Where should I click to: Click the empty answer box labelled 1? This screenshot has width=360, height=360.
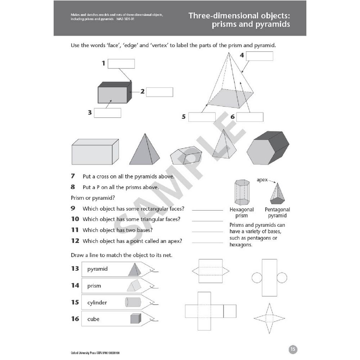pyautogui.click(x=121, y=64)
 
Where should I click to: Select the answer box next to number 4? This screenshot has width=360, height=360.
pyautogui.click(x=260, y=56)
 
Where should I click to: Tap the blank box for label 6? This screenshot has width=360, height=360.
pyautogui.click(x=250, y=117)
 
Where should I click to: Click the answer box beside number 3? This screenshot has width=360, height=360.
pyautogui.click(x=107, y=113)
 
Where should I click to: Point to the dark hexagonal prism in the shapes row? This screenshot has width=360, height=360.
pyautogui.click(x=268, y=148)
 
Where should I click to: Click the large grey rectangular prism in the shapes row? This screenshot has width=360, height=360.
pyautogui.click(x=95, y=152)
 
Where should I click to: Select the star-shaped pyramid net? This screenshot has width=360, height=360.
pyautogui.click(x=269, y=318)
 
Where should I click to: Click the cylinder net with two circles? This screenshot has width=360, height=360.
pyautogui.click(x=269, y=277)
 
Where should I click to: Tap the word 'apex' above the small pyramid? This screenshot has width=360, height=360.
pyautogui.click(x=262, y=180)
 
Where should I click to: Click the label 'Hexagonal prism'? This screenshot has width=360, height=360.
pyautogui.click(x=242, y=212)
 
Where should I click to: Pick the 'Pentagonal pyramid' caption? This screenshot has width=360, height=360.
pyautogui.click(x=277, y=212)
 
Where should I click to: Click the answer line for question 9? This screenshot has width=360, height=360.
pyautogui.click(x=207, y=210)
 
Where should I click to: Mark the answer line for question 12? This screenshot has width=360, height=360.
pyautogui.click(x=207, y=242)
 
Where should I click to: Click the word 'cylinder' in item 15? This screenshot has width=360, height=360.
pyautogui.click(x=97, y=303)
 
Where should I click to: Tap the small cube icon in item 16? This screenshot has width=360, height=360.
pyautogui.click(x=135, y=319)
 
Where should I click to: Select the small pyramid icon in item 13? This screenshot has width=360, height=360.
pyautogui.click(x=135, y=269)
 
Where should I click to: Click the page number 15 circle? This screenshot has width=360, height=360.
pyautogui.click(x=293, y=349)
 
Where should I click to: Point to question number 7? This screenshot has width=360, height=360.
pyautogui.click(x=73, y=176)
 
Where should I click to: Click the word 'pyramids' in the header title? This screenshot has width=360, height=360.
pyautogui.click(x=269, y=25)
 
